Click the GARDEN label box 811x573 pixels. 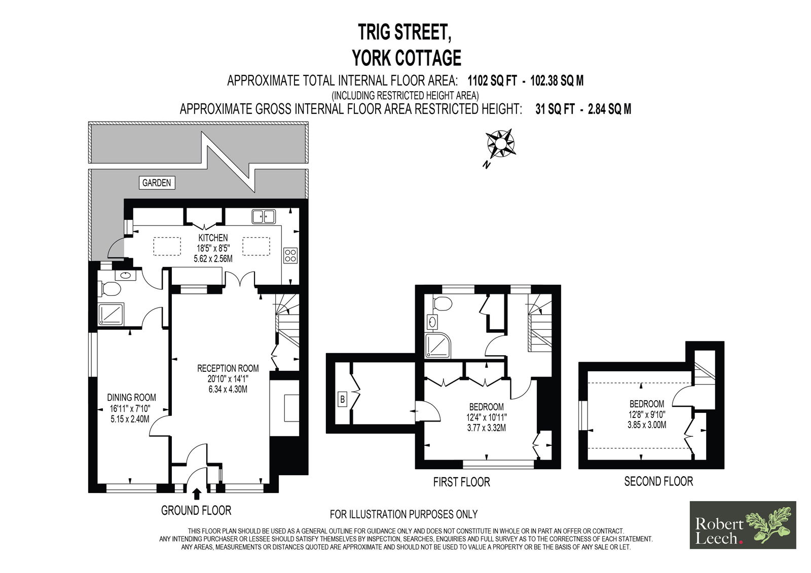[x=157, y=183]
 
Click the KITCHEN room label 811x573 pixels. [x=213, y=238]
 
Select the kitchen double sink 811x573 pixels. [x=264, y=217]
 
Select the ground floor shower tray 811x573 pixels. [x=111, y=314]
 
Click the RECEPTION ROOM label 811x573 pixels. [x=228, y=368]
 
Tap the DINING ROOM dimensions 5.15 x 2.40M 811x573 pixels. [x=131, y=419]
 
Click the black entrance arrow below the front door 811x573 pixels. [x=197, y=493]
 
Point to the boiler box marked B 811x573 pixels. [x=342, y=400]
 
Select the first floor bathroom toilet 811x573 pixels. [x=443, y=304]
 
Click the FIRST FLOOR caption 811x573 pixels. [x=461, y=482]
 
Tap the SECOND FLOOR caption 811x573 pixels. [x=658, y=481]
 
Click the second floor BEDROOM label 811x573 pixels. [x=646, y=404]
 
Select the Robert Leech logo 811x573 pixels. [x=743, y=525]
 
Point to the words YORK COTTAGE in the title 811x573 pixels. [x=407, y=58]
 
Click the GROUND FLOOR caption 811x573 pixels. [x=196, y=510]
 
